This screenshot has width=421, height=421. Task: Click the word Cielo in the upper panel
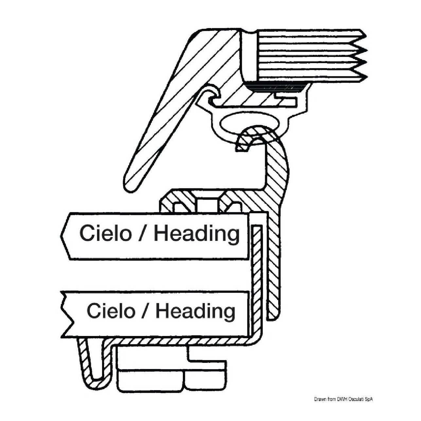[x=105, y=233]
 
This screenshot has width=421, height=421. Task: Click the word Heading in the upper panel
[x=197, y=234]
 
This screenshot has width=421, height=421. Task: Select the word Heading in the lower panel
[x=195, y=311]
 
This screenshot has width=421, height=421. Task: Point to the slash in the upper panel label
[x=143, y=234]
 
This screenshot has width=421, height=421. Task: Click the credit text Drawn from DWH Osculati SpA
[x=343, y=399]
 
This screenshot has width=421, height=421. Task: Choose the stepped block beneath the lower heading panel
[x=170, y=370]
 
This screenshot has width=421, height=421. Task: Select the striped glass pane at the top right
[x=307, y=56]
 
